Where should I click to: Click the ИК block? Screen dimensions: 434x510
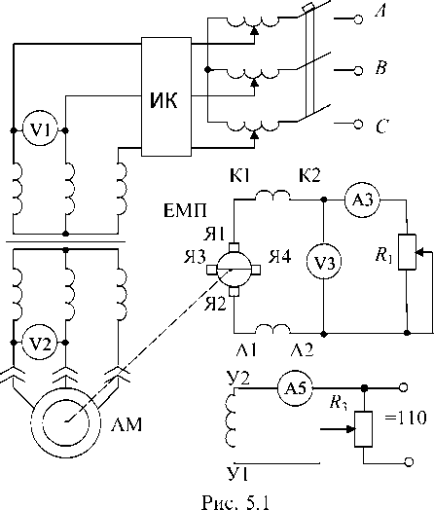pos(166,96)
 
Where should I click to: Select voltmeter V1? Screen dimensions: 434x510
pos(40,130)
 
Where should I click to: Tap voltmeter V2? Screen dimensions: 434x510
pos(40,343)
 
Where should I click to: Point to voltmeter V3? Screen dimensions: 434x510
pos(324,262)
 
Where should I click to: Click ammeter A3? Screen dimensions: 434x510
pos(362,200)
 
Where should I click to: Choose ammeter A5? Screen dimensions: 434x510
pos(295,387)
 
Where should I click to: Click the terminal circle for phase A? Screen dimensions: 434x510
pos(358,19)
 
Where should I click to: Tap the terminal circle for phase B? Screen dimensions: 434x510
pos(358,70)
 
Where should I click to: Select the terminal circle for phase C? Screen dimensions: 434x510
pos(358,124)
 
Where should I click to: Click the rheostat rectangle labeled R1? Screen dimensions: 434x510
pos(407,252)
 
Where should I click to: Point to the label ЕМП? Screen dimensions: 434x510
pos(185,211)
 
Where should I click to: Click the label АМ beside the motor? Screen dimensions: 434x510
pos(127,424)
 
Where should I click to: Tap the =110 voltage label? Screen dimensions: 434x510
pos(406,418)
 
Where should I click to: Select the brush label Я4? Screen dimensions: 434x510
pos(280,256)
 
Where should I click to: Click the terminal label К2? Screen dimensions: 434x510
pos(309,176)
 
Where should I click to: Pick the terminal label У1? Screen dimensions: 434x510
pos(238,474)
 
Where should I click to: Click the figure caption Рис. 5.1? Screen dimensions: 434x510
pos(235,502)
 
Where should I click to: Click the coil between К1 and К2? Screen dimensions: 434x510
pos(272,196)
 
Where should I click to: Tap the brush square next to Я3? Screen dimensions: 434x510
pos(211,270)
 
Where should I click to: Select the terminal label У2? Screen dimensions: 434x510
pos(239,379)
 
